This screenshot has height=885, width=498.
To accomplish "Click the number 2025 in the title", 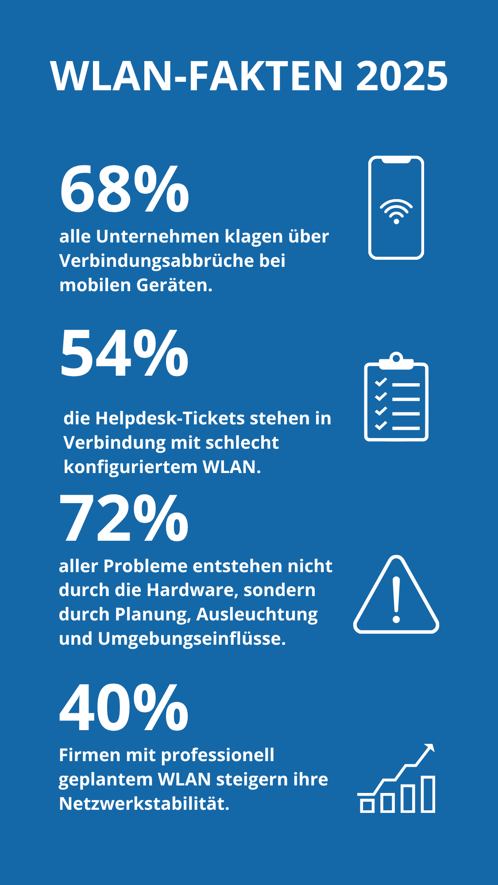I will tap(402, 76).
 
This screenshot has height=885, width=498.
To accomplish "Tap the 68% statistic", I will tap(124, 189).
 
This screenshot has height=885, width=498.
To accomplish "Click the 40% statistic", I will tap(124, 708).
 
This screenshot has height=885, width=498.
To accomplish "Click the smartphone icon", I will tap(396, 208).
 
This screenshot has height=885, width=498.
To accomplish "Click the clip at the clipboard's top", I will tap(396, 360).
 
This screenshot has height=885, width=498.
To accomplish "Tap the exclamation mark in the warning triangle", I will tap(396, 600).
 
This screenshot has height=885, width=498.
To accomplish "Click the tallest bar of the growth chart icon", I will tap(428, 794).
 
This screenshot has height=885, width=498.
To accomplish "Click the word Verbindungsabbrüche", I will tap(156, 261).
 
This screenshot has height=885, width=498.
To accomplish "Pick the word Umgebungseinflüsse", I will tap(192, 639).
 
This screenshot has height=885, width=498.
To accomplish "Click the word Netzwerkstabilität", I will tap(144, 804).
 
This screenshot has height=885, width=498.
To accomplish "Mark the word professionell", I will tap(218, 755).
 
